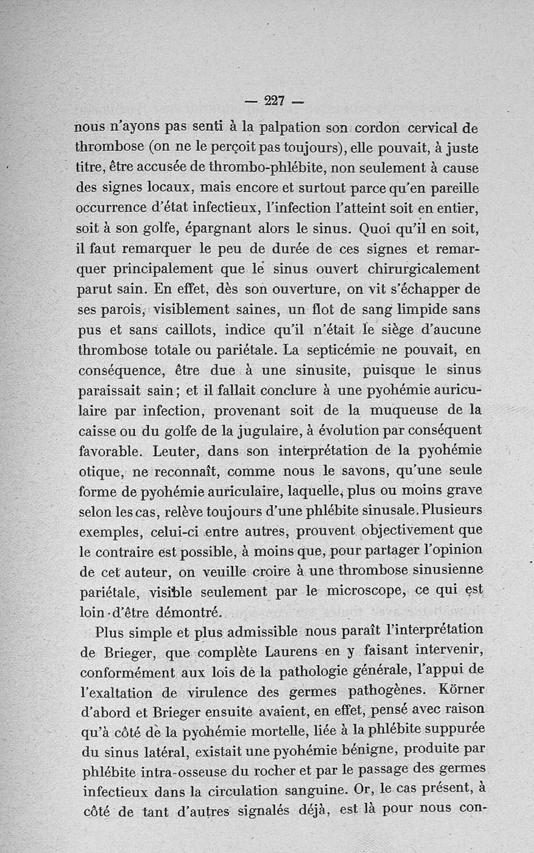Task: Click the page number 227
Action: [x=274, y=102]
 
